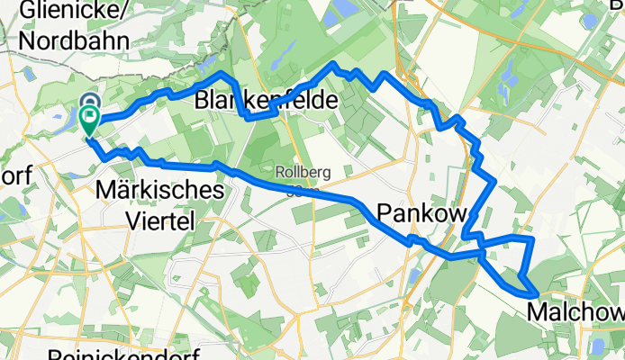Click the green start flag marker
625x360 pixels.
91,118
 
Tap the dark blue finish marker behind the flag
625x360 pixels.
91,102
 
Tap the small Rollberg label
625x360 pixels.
295,173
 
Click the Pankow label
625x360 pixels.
421,213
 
